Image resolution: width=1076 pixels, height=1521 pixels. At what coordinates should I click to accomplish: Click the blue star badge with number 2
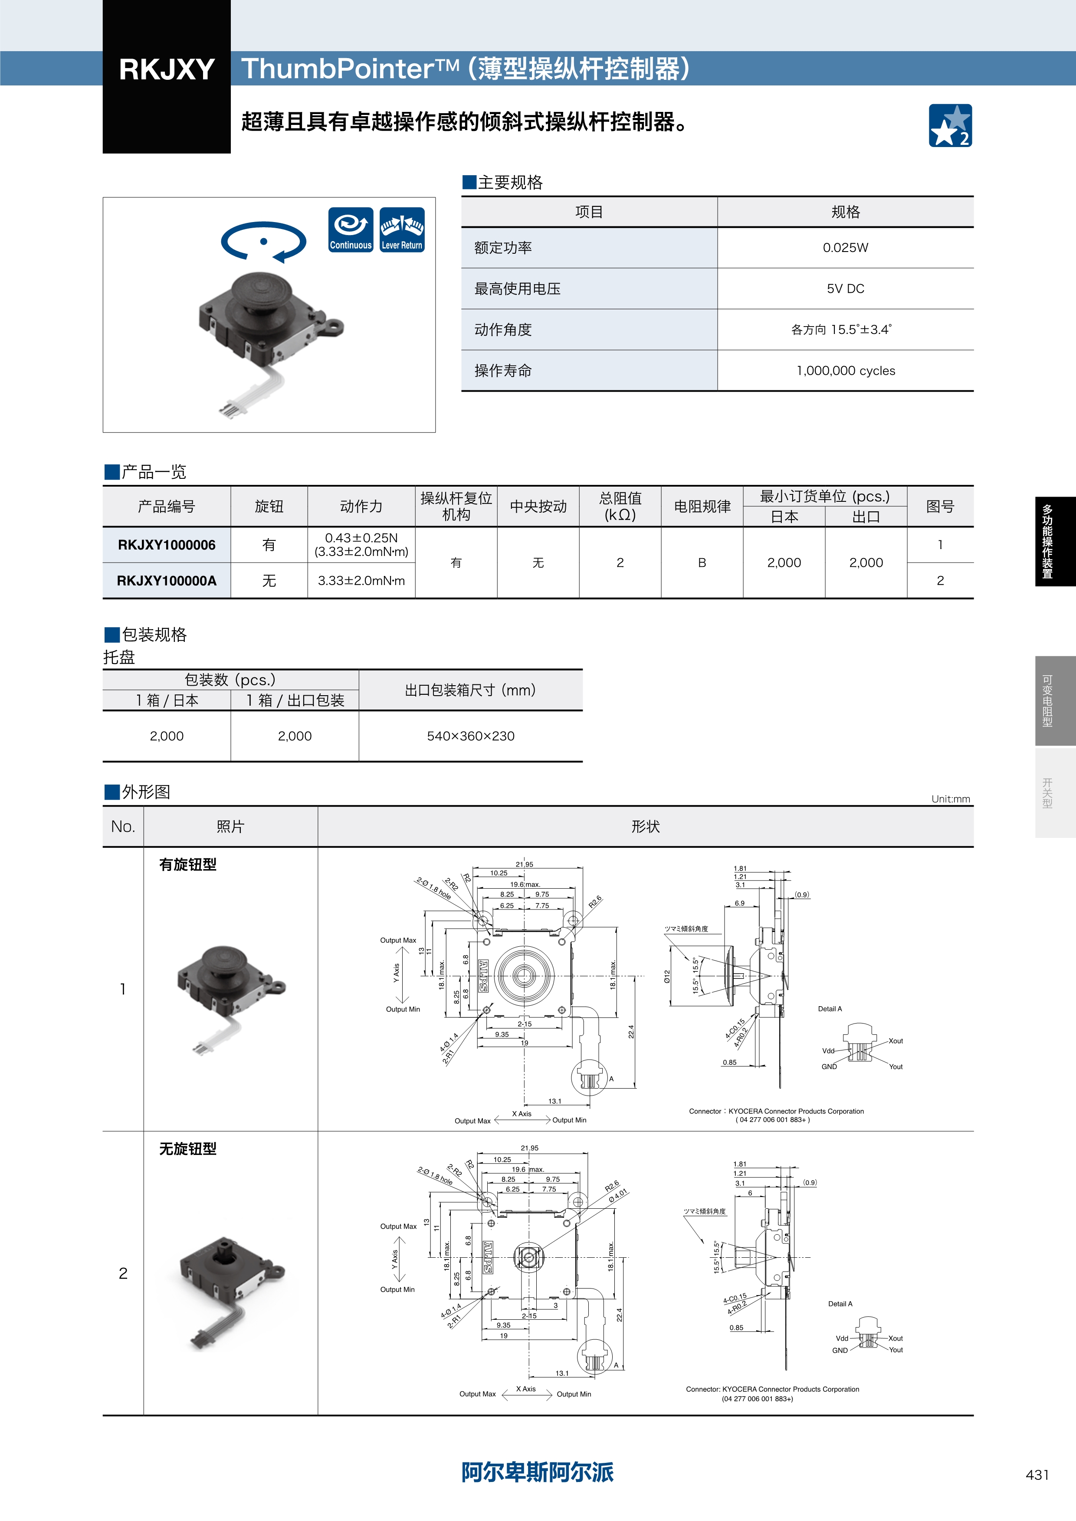[x=950, y=125]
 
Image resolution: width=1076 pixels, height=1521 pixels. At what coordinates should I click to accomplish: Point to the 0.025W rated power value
[x=846, y=248]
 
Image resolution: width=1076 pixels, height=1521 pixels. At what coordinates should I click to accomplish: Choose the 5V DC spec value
[x=846, y=289]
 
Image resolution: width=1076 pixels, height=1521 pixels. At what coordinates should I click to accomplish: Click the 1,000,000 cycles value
[x=846, y=371]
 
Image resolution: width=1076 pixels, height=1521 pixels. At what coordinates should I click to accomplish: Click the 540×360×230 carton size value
[x=470, y=736]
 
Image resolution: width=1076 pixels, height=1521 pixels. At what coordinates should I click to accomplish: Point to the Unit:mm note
[x=951, y=799]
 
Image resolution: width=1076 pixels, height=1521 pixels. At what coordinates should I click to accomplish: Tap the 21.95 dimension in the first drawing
[x=524, y=864]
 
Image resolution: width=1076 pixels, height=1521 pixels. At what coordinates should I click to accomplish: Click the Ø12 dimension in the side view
[x=668, y=976]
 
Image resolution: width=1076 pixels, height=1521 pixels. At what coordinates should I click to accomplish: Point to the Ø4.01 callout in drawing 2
[x=617, y=1195]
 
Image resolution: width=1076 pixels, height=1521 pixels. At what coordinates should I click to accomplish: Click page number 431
[x=1037, y=1475]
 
